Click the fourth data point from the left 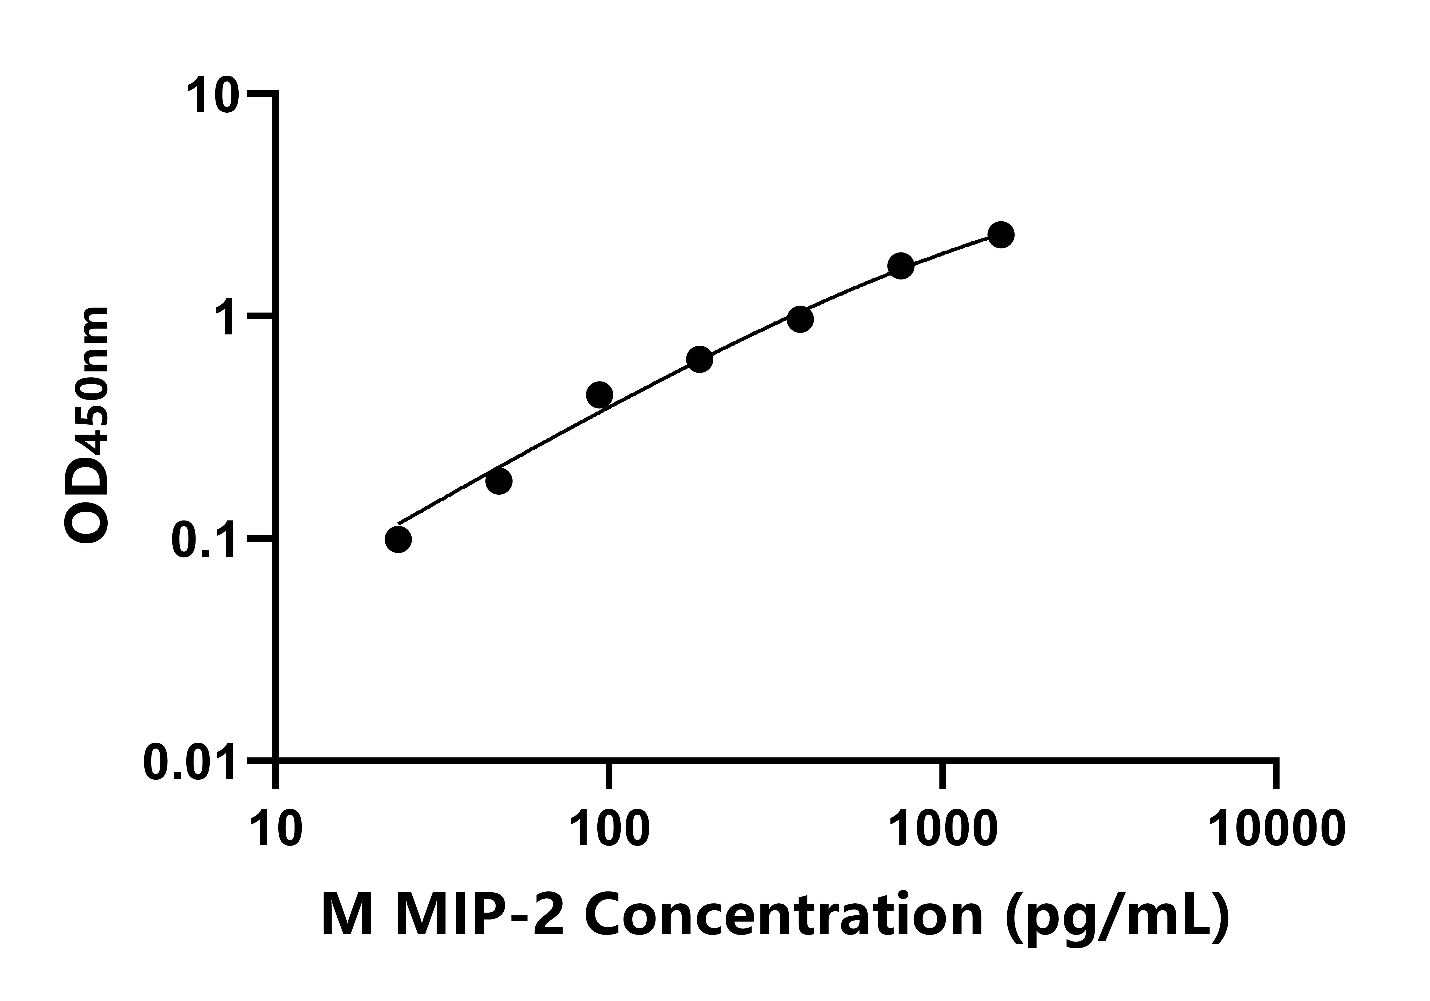(699, 359)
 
